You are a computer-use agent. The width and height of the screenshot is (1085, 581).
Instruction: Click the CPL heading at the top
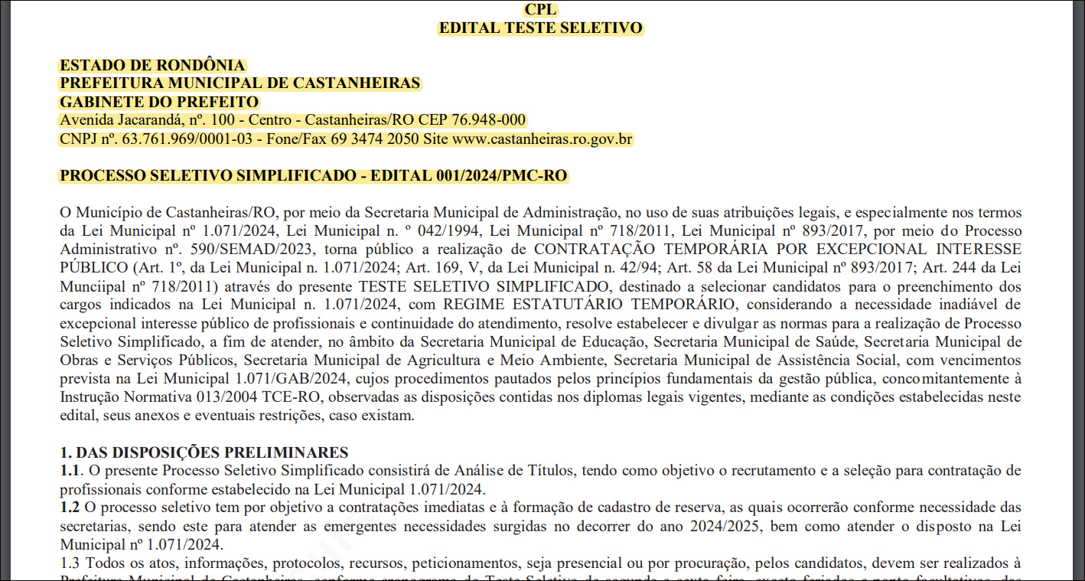541,10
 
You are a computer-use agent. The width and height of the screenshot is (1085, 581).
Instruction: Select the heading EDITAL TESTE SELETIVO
541,28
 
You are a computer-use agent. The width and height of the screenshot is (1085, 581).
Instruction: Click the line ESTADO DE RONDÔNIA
152,65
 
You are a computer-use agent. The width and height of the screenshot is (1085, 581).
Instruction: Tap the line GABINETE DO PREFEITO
160,102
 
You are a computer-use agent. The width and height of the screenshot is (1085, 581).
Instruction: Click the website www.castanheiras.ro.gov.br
542,139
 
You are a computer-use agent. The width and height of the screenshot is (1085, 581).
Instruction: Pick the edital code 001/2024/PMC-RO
501,176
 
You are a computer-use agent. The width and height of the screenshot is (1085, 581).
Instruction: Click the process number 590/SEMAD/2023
253,250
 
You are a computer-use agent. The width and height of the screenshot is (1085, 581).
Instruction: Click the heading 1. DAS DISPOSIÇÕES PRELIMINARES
204,452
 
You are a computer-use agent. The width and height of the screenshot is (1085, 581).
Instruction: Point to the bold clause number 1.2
70,508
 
